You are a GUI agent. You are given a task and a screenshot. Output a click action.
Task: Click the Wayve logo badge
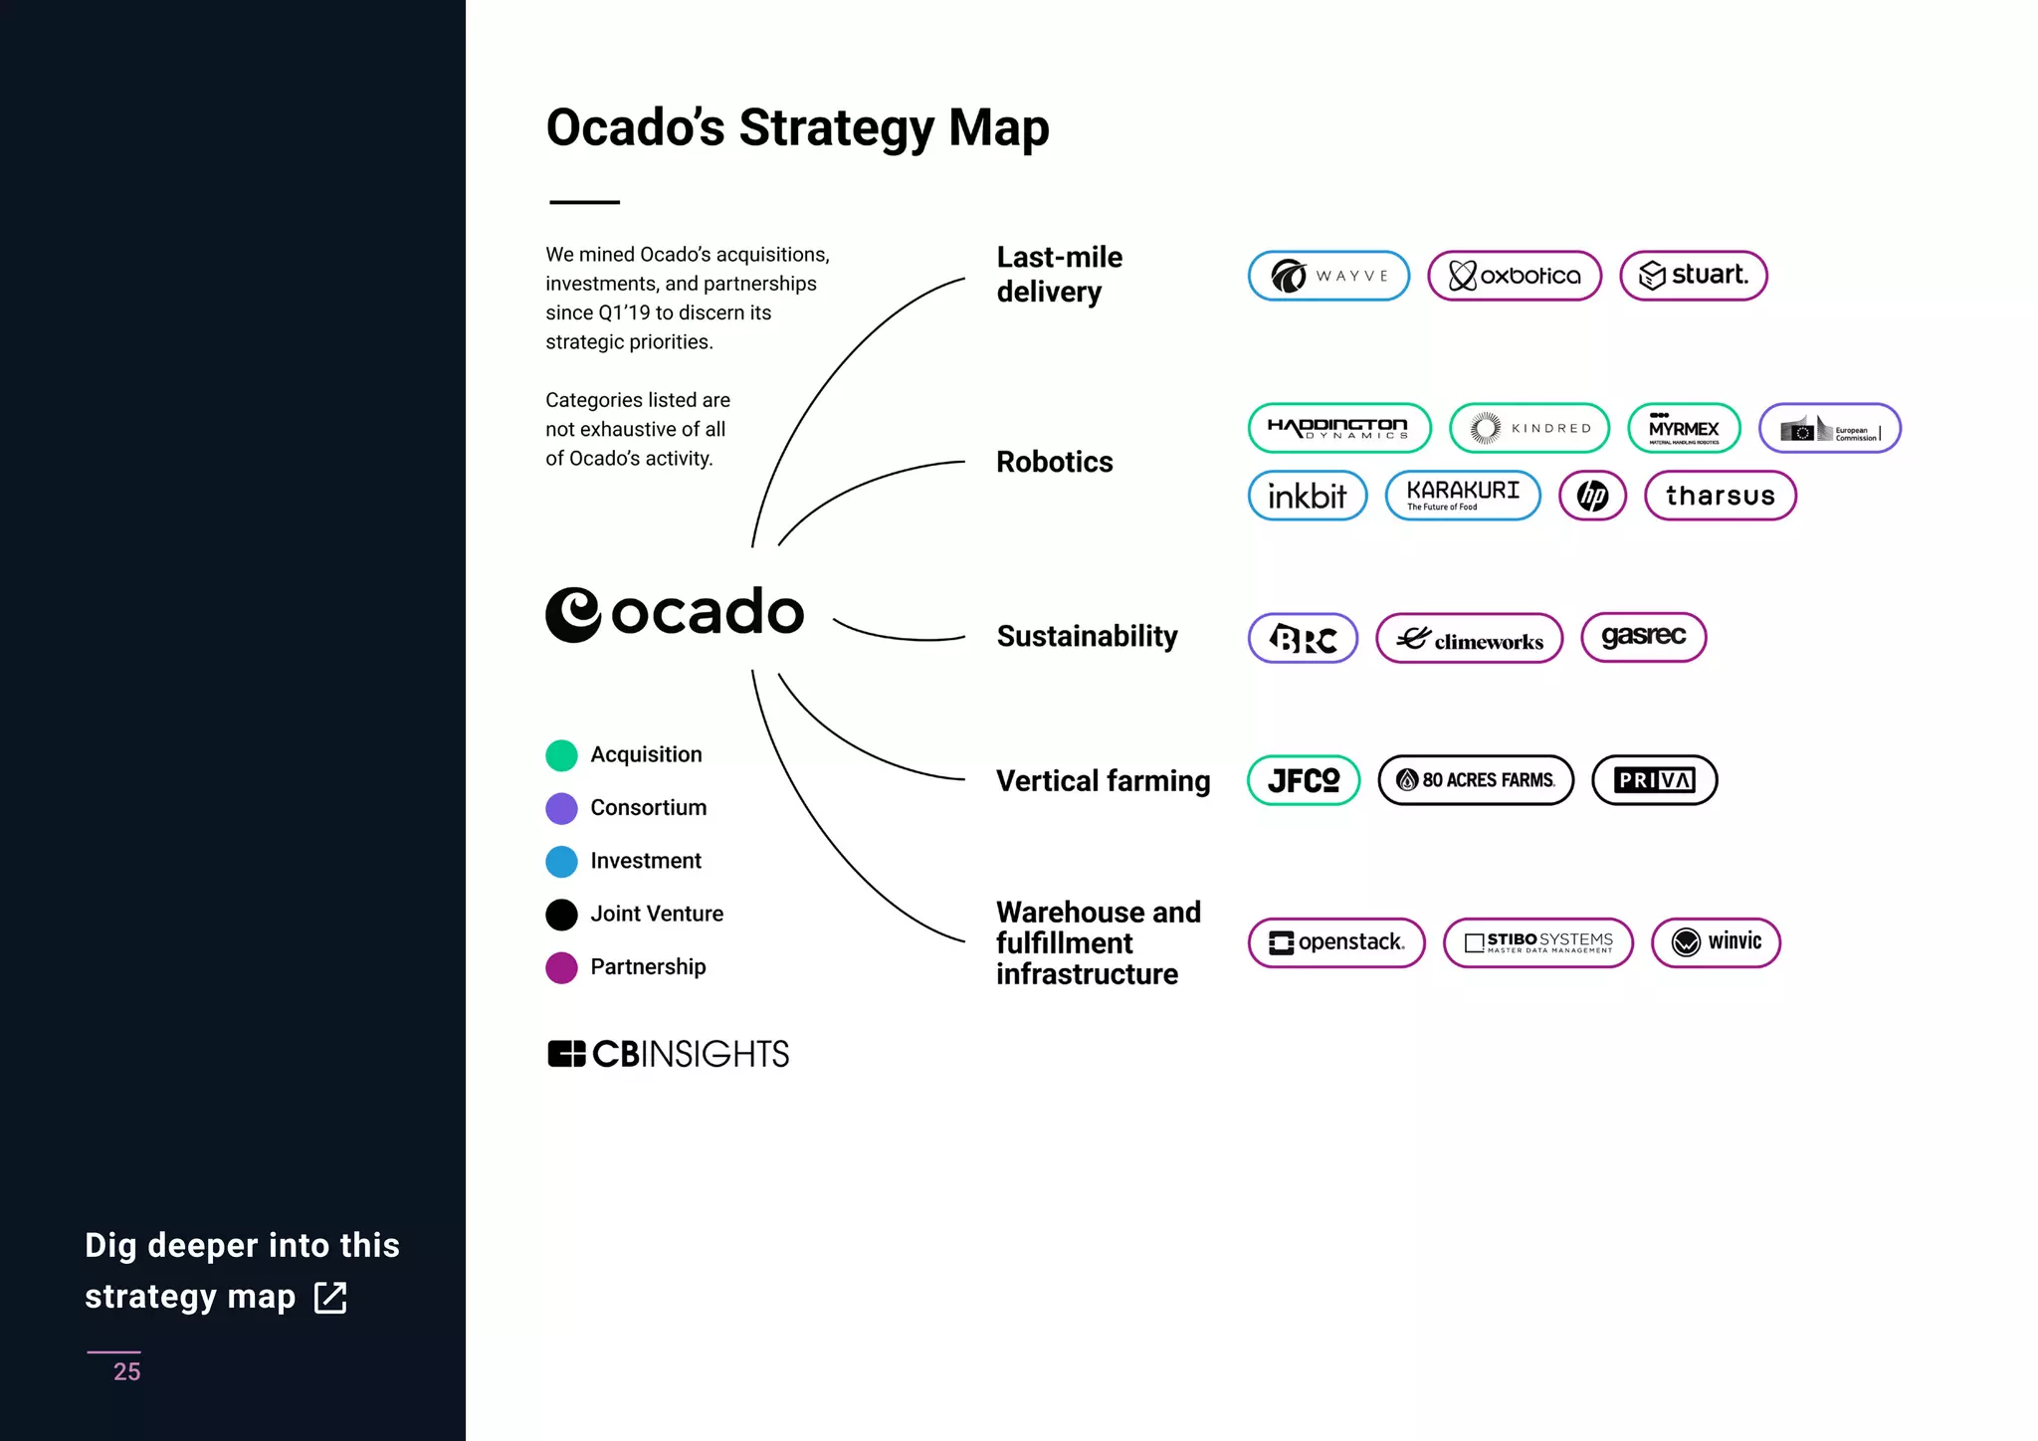coord(1328,276)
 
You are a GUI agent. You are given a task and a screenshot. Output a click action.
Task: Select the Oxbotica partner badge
coord(1514,276)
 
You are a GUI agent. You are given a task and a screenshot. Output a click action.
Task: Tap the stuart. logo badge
coord(1693,276)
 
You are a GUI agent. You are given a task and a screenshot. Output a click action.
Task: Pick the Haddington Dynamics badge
coord(1338,428)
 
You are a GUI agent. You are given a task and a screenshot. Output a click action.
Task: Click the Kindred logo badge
coord(1528,428)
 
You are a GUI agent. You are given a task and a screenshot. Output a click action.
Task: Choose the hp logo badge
coord(1592,496)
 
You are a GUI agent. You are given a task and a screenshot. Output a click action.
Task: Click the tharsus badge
coord(1720,496)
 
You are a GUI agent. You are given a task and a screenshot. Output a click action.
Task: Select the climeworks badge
coord(1469,639)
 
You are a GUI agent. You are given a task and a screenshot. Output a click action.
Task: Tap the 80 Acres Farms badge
coord(1476,780)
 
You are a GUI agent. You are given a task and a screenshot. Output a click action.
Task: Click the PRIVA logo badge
coord(1654,780)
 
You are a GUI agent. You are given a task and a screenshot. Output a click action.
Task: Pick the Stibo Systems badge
coord(1537,942)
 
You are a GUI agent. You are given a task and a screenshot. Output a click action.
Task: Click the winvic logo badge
coord(1716,942)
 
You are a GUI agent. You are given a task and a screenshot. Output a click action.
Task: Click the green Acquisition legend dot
coord(561,755)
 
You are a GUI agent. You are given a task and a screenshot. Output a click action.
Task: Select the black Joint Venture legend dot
coord(561,915)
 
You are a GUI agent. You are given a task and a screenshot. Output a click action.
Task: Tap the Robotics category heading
coord(1054,462)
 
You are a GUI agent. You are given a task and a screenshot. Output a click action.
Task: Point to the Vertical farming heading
coord(1103,781)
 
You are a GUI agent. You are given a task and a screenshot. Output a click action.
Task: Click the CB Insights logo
coord(668,1054)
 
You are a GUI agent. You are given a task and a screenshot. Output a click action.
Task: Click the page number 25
coord(126,1371)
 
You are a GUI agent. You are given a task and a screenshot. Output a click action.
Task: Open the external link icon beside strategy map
coord(330,1298)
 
